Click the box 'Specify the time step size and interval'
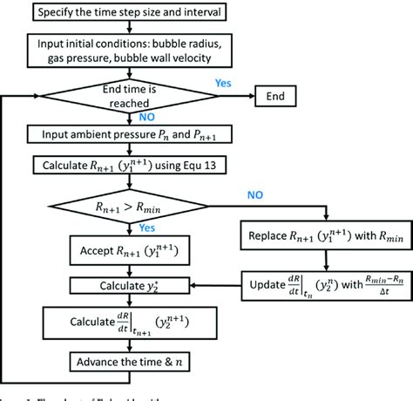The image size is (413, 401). coord(130,11)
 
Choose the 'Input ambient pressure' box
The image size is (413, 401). coord(130,134)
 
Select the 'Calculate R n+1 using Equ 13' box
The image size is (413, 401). coord(130,165)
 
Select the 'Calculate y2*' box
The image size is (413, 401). coord(130,285)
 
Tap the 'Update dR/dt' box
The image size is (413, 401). coord(323,285)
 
